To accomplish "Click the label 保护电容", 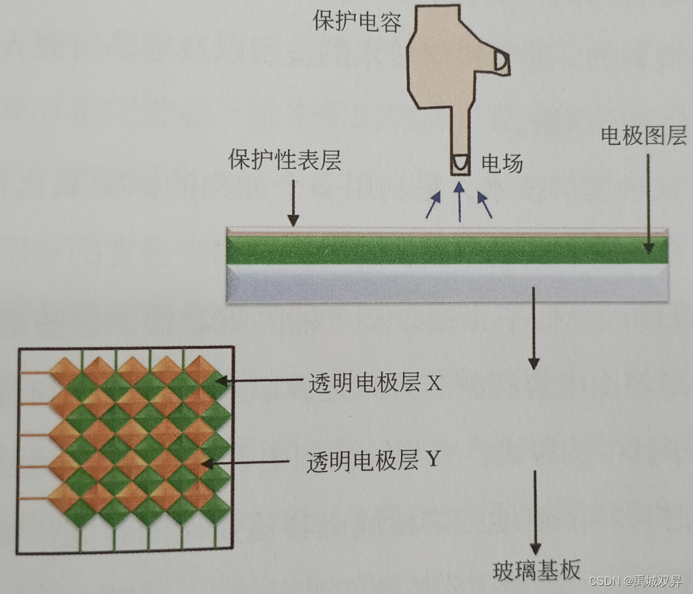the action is click(x=357, y=21).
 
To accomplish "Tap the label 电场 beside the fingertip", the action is click(x=502, y=163).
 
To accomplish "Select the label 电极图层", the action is click(x=643, y=136).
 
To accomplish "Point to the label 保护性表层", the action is click(x=285, y=162).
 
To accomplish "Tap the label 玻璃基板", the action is click(x=536, y=570).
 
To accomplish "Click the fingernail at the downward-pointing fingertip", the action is click(x=460, y=163).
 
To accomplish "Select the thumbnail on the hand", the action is click(x=501, y=61).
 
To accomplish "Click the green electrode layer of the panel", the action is click(x=446, y=250).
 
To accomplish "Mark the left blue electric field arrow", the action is click(x=433, y=205).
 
